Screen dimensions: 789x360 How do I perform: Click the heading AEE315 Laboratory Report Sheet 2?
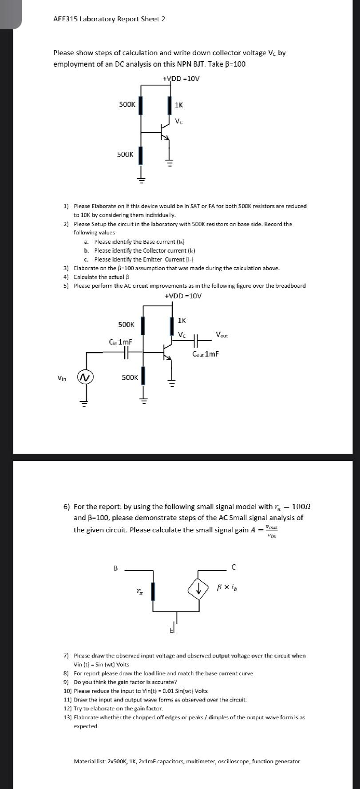point(109,19)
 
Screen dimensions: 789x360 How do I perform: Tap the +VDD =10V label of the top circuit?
point(181,79)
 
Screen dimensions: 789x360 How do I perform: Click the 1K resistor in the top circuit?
point(170,106)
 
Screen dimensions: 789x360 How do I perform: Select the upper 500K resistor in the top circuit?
point(141,106)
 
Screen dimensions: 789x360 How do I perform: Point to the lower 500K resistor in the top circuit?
point(141,155)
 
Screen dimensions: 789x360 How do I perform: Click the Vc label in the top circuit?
point(179,121)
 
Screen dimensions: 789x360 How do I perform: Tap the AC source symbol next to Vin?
point(85,377)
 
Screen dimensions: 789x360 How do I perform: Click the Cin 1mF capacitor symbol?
point(126,353)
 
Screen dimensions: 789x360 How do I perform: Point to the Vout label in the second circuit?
point(222,334)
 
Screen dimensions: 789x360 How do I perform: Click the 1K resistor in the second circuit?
point(172,325)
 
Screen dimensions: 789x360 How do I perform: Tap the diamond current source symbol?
point(198,589)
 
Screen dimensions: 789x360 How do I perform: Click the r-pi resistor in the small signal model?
point(153,591)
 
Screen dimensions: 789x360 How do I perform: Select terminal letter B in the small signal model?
point(116,567)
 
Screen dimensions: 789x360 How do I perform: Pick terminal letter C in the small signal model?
point(234,567)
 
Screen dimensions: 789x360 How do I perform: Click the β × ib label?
point(227,587)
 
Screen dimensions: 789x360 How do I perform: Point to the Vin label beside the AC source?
point(62,378)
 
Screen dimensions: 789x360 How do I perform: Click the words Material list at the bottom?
point(90,761)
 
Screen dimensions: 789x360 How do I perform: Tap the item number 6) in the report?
point(67,507)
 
